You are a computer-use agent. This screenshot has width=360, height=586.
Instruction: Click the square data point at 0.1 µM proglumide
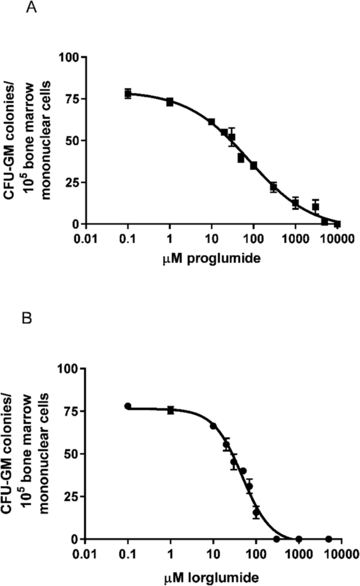[x=128, y=94]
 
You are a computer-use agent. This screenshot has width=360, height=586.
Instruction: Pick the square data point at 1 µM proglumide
[x=170, y=101]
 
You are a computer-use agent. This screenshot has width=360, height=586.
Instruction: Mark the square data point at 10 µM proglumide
[x=211, y=122]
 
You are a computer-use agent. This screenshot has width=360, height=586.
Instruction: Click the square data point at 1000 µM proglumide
[x=295, y=204]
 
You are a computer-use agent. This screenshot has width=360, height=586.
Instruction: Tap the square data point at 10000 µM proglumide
[x=337, y=223]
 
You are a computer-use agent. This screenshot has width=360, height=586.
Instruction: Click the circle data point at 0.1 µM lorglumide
[x=128, y=406]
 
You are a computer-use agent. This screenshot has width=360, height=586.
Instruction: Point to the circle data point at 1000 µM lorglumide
[x=299, y=539]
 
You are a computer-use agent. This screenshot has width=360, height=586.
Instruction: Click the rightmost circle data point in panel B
[x=328, y=539]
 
